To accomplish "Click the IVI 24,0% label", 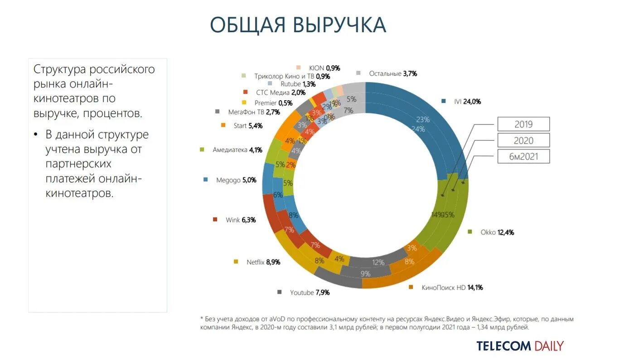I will pyautogui.click(x=467, y=102).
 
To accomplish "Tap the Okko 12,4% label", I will pyautogui.click(x=497, y=232).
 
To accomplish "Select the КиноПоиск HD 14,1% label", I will pyautogui.click(x=452, y=287).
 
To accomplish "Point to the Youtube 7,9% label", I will pyautogui.click(x=310, y=292).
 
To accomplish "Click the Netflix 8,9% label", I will pyautogui.click(x=263, y=262).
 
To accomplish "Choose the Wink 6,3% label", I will pyautogui.click(x=241, y=220).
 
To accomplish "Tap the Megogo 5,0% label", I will pyautogui.click(x=236, y=180).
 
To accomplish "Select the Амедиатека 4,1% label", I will pyautogui.click(x=237, y=150).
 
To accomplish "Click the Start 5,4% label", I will pyautogui.click(x=248, y=126).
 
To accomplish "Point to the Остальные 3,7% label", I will pyautogui.click(x=392, y=73).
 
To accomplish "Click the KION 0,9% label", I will pyautogui.click(x=324, y=68).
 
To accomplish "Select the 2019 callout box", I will pyautogui.click(x=523, y=124).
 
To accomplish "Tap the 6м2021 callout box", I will pyautogui.click(x=523, y=156).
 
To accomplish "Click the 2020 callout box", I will pyautogui.click(x=523, y=141).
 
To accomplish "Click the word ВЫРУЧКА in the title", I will pyautogui.click(x=339, y=24).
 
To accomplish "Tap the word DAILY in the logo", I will pyautogui.click(x=549, y=346).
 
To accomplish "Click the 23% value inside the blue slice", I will pyautogui.click(x=423, y=120).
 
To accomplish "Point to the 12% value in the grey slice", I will pyautogui.click(x=378, y=262).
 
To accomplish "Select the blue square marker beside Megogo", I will pyautogui.click(x=206, y=180).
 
